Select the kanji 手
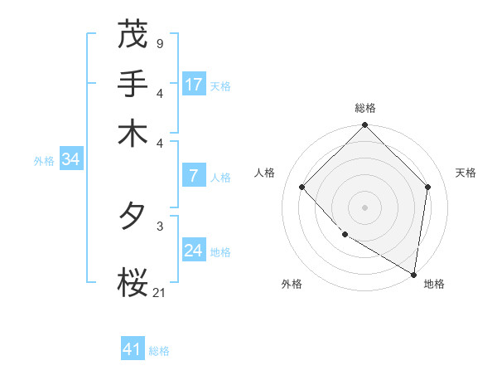133,84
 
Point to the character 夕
133,217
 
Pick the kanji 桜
133,283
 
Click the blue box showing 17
194,85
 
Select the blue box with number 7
193,176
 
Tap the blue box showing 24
194,251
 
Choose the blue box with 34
70,160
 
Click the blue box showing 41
133,349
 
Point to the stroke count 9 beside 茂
159,41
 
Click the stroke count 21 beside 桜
159,291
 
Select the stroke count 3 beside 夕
159,225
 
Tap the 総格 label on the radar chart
365,108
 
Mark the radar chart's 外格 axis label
292,284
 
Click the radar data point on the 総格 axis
365,126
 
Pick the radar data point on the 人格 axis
302,187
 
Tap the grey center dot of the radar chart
365,207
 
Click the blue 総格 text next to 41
159,351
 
